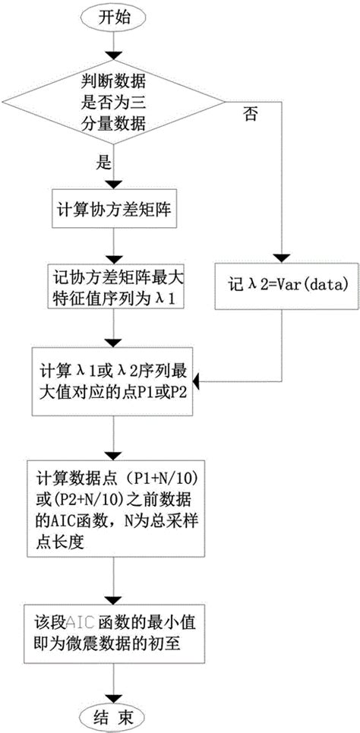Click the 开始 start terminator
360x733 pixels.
click(112, 19)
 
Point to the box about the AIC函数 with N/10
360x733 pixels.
click(112, 504)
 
